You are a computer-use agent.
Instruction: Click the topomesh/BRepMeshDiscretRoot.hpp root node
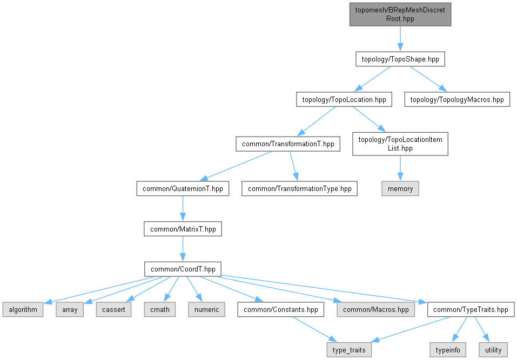[x=400, y=14]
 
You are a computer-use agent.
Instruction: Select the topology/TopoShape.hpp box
[x=400, y=59]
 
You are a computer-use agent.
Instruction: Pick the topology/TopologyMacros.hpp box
[x=457, y=99]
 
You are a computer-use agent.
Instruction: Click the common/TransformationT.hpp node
[x=287, y=144]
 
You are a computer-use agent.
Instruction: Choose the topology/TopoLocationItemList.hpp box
[x=400, y=144]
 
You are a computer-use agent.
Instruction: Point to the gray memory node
[x=400, y=189]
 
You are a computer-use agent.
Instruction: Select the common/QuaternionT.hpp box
[x=183, y=189]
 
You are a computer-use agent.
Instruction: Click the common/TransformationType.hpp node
[x=299, y=189]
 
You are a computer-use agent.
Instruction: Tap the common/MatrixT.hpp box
[x=183, y=229]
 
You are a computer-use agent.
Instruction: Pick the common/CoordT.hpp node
[x=183, y=269]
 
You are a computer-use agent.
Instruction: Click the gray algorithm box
[x=23, y=309]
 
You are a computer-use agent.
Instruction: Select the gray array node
[x=70, y=309]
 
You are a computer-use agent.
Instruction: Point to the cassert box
[x=113, y=309]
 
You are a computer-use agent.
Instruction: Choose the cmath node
[x=160, y=309]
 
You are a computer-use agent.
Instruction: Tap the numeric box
[x=206, y=309]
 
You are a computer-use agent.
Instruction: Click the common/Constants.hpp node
[x=281, y=309]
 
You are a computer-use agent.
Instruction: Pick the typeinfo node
[x=448, y=350]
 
